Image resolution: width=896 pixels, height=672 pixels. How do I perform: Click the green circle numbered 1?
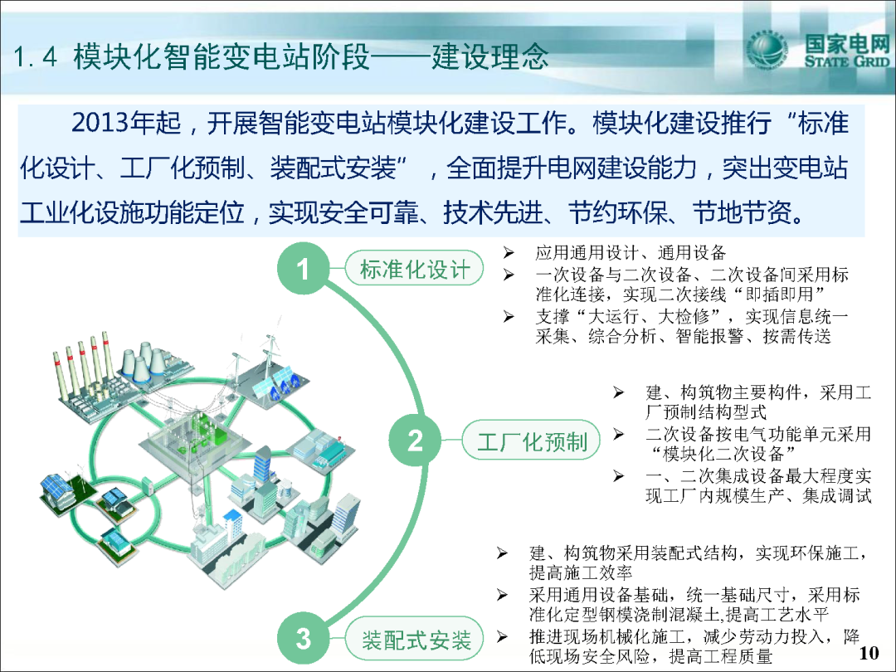pyautogui.click(x=304, y=268)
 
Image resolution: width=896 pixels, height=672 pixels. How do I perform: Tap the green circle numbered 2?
pyautogui.click(x=416, y=441)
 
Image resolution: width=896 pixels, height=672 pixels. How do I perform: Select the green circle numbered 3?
pyautogui.click(x=304, y=638)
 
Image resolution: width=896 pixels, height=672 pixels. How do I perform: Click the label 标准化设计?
pyautogui.click(x=415, y=269)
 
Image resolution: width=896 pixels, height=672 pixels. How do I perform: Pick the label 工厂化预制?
pyautogui.click(x=532, y=441)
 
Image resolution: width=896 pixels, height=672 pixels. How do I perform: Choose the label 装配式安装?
pyautogui.click(x=416, y=639)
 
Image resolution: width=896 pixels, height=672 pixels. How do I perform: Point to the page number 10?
pyautogui.click(x=869, y=653)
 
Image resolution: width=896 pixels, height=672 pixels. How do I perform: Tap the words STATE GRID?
pyautogui.click(x=847, y=61)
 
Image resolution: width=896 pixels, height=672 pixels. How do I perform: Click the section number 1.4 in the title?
pyautogui.click(x=36, y=57)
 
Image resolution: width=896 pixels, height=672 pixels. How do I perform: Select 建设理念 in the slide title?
pyautogui.click(x=490, y=56)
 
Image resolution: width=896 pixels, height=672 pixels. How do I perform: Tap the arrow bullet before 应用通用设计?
pyautogui.click(x=509, y=252)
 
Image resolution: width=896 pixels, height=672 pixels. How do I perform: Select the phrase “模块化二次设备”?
pyautogui.click(x=723, y=455)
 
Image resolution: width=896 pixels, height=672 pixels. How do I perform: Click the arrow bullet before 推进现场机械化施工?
pyautogui.click(x=502, y=636)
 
